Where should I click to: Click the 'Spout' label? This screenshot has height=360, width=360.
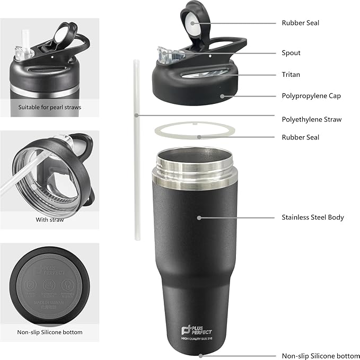pos(291,53)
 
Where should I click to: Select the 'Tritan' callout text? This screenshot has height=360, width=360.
pos(291,75)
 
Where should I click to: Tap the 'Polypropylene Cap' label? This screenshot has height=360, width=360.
pos(311,96)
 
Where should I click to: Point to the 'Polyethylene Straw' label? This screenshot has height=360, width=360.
pos(311,119)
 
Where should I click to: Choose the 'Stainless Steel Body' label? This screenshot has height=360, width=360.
pos(313,217)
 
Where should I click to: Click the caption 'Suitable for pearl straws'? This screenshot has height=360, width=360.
pos(49,107)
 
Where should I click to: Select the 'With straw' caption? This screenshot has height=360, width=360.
pos(50,219)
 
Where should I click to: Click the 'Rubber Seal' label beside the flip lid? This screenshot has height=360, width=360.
pos(300,23)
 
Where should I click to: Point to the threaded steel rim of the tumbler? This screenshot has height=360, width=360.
pos(194,162)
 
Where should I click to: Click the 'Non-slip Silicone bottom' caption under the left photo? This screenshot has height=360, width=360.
pos(49,332)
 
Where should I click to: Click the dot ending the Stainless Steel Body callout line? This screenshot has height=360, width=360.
pos(199,217)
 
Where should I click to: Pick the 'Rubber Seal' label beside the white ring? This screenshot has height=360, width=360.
pos(300,137)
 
